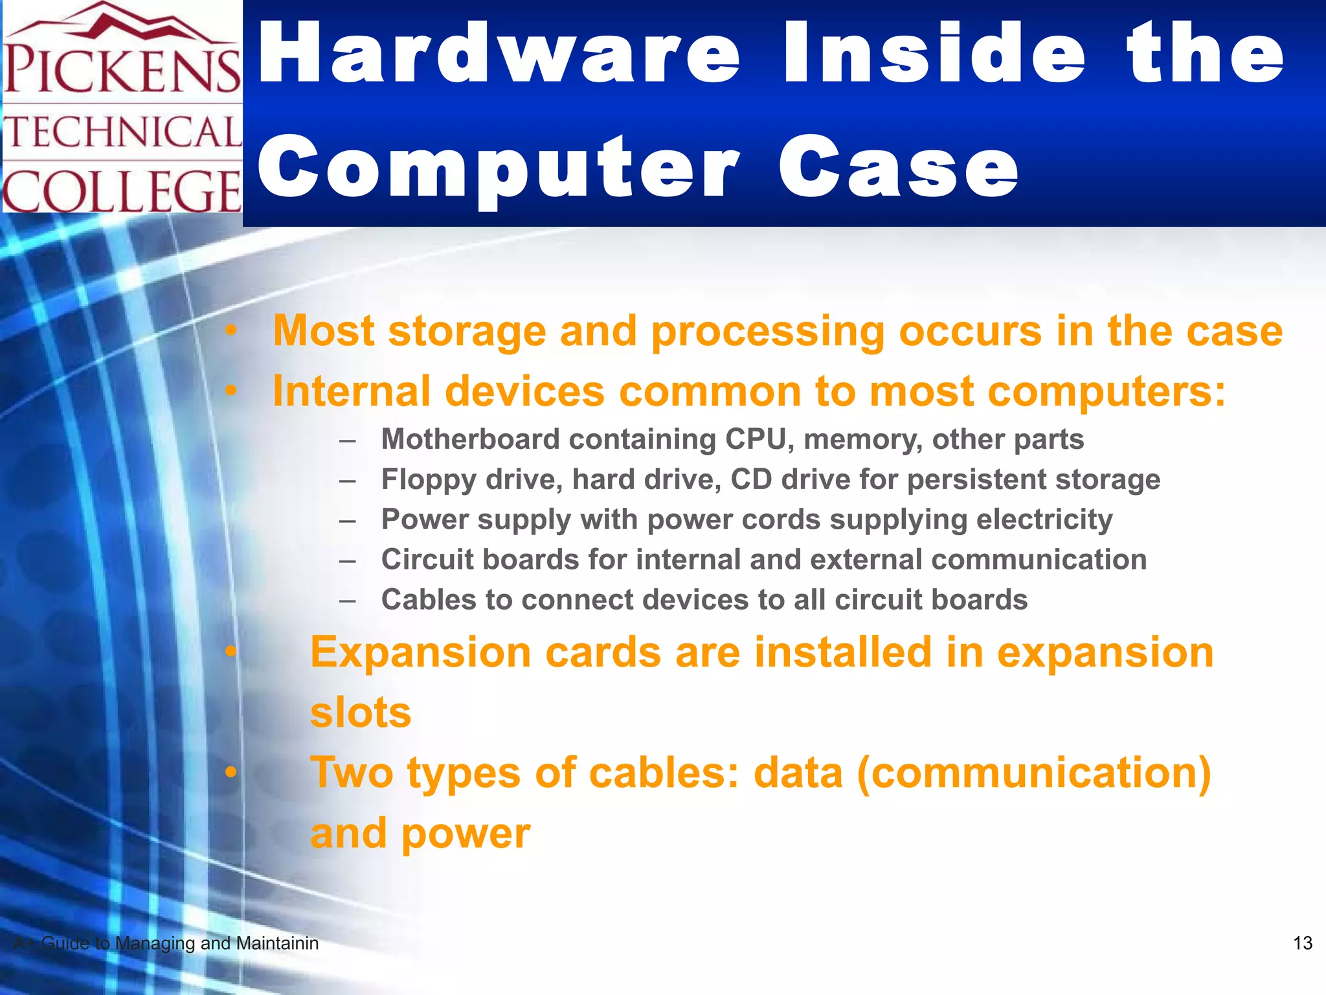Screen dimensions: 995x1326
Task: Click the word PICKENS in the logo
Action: pyautogui.click(x=122, y=69)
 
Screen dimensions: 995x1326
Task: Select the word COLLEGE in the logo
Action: pyautogui.click(x=122, y=191)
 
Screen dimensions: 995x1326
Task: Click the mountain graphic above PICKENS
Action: pyautogui.click(x=123, y=23)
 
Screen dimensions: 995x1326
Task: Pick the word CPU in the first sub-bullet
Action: pyautogui.click(x=755, y=439)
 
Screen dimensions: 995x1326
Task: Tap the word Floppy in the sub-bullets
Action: pyautogui.click(x=428, y=480)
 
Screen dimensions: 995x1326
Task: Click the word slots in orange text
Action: pyautogui.click(x=361, y=713)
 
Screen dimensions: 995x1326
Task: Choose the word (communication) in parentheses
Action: pyautogui.click(x=1033, y=773)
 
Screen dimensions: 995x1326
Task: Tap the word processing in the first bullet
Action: pyautogui.click(x=767, y=331)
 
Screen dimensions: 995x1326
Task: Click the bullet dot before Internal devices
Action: pyautogui.click(x=231, y=391)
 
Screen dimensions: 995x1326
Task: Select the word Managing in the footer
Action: pyautogui.click(x=155, y=943)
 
